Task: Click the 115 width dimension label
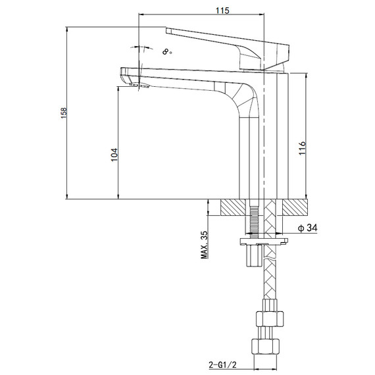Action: coord(222,11)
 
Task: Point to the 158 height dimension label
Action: coord(64,113)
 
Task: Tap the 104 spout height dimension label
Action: coord(114,155)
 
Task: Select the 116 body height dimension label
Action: coord(302,148)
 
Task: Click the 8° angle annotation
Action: coord(167,52)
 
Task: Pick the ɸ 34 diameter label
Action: coord(307,228)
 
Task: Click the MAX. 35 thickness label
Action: coord(205,245)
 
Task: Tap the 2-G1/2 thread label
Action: coord(222,364)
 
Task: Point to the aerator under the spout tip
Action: coord(139,86)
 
